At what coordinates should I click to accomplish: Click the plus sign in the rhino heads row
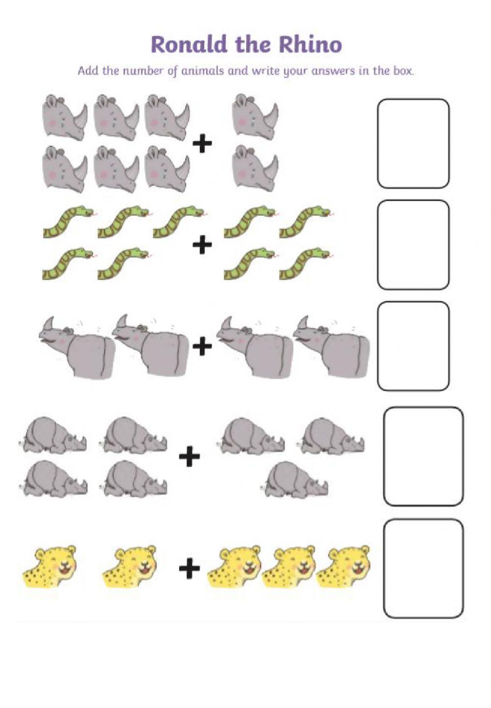[x=202, y=144]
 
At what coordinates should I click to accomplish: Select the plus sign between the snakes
[x=202, y=245]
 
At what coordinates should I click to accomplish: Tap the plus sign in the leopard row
[x=190, y=569]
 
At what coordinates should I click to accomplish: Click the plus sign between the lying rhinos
[x=190, y=457]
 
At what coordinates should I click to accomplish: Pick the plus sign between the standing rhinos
[x=202, y=347]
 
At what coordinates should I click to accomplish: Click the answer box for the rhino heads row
[x=413, y=143]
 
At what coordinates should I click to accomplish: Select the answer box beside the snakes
[x=413, y=244]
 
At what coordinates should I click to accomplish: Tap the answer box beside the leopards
[x=423, y=569]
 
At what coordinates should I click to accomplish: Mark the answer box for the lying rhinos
[x=423, y=456]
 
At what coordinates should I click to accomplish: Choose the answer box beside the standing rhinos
[x=413, y=346]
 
